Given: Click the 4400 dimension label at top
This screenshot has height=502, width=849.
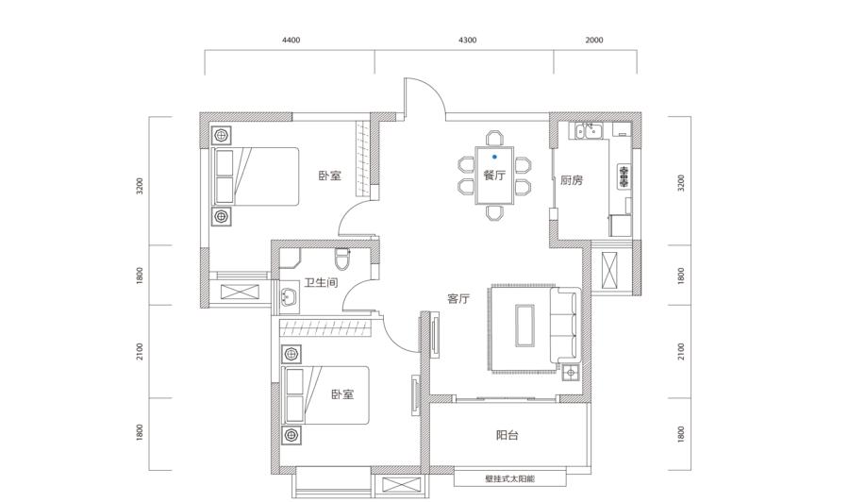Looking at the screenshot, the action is coord(291,40).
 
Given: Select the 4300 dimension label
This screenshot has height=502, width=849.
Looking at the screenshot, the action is coord(467,40).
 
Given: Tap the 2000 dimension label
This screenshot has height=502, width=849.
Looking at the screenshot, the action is coord(594,40).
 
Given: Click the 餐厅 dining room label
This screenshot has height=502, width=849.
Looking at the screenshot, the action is coord(494,176).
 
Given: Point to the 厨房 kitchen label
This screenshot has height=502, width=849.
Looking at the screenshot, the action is coord(572,180).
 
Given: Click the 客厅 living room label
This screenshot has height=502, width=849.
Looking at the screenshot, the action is coord(458,299).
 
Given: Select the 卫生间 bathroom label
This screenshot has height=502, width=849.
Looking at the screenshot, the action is coord(321,283).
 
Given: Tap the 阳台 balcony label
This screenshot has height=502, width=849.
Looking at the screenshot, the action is coord(508,435).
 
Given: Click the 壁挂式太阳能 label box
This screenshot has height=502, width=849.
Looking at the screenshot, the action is coord(510,478).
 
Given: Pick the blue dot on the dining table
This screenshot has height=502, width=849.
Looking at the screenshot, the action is coord(494,157).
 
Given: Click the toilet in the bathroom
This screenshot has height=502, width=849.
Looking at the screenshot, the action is coord(342,259).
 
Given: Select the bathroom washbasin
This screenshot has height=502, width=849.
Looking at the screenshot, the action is coord(289,296).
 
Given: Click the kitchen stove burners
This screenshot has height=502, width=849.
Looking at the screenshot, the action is coord(624,176).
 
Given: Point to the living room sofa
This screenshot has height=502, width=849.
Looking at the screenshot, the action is coord(565,326).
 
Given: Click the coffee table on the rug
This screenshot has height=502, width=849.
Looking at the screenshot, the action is coord(524,325).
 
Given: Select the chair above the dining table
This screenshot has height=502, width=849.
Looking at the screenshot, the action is coord(494,138).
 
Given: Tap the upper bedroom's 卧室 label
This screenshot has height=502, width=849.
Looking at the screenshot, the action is coord(330,176).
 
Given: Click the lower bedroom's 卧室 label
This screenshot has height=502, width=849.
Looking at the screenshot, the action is coord(342,394).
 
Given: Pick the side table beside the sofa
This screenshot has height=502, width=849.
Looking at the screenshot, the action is coord(570,373).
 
